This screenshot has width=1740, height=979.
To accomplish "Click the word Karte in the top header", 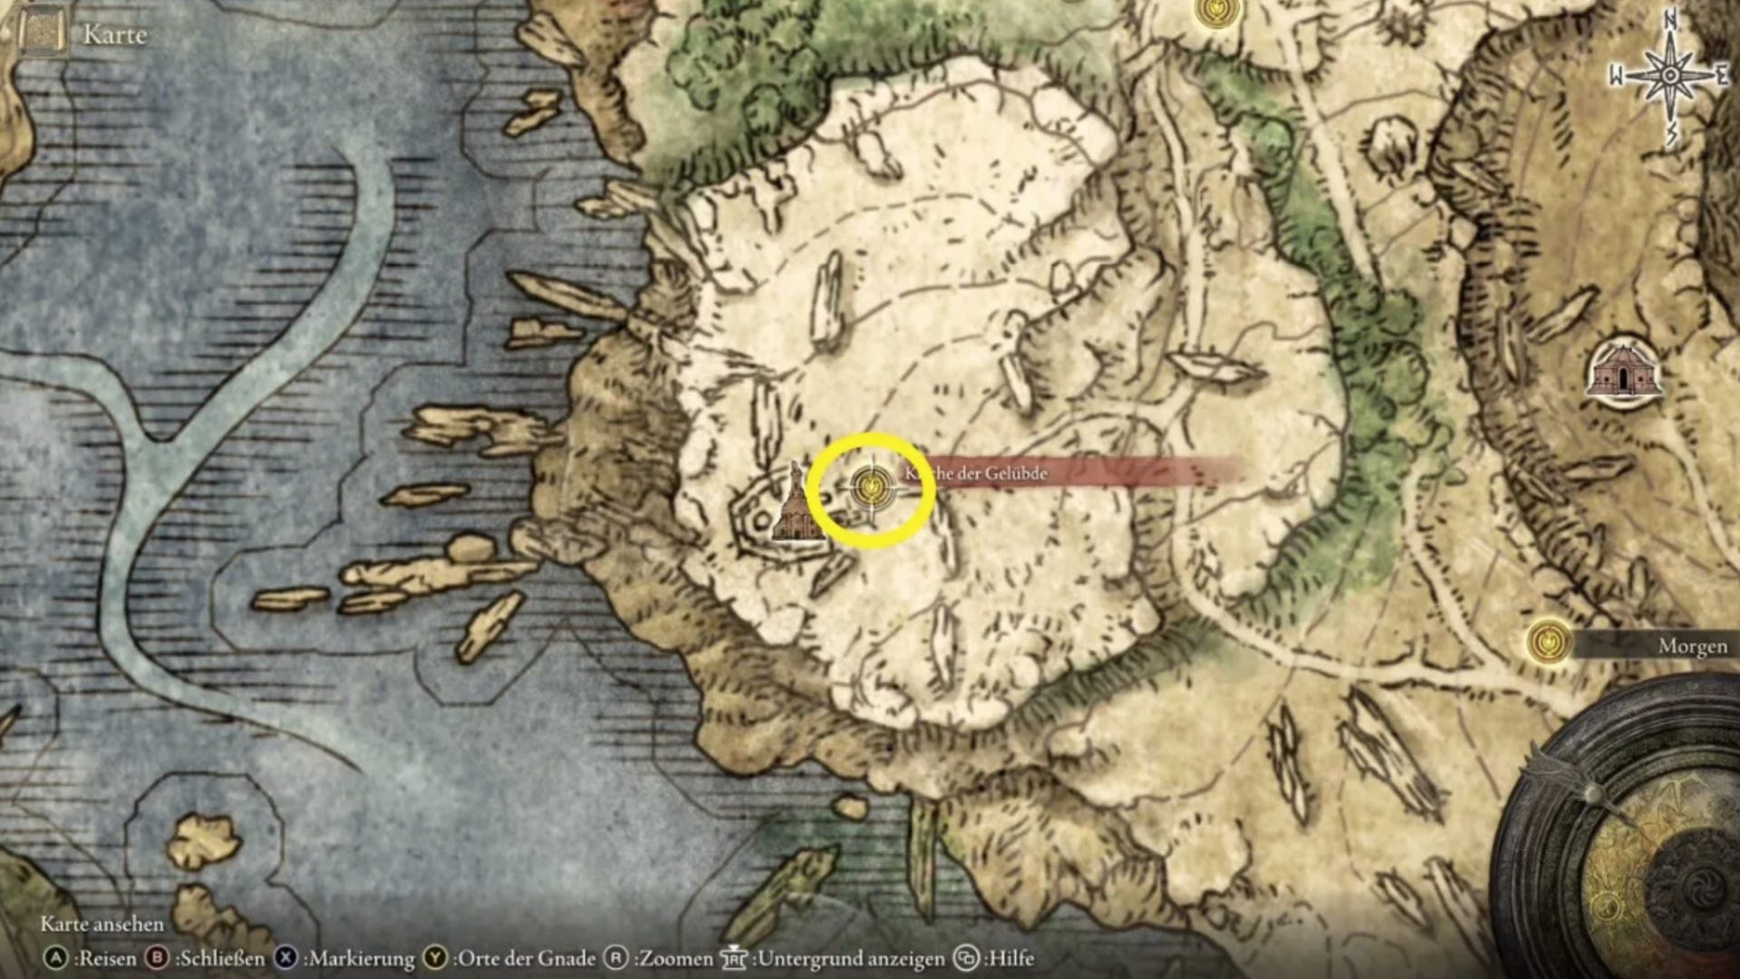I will click(x=114, y=34).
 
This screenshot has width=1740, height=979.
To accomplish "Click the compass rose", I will click(x=1669, y=76).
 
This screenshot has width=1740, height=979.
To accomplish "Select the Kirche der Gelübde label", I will click(x=977, y=473).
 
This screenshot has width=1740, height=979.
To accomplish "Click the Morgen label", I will click(x=1692, y=646).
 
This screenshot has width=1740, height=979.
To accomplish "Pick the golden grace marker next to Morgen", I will click(x=1549, y=643).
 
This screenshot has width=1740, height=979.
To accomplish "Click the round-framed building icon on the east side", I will click(x=1624, y=371).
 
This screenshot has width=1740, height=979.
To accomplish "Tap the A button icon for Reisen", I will click(x=56, y=958).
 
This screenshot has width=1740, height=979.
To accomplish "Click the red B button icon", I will click(x=158, y=958).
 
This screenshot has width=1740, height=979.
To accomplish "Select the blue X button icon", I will click(x=286, y=958).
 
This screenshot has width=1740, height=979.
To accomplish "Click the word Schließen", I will click(x=220, y=958).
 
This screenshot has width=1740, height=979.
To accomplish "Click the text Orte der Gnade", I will click(x=527, y=958).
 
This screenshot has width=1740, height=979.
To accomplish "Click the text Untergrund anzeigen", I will click(x=851, y=958).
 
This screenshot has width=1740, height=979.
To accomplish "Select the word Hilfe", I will click(x=1010, y=958).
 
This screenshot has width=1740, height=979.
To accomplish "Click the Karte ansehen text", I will click(x=102, y=924).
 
